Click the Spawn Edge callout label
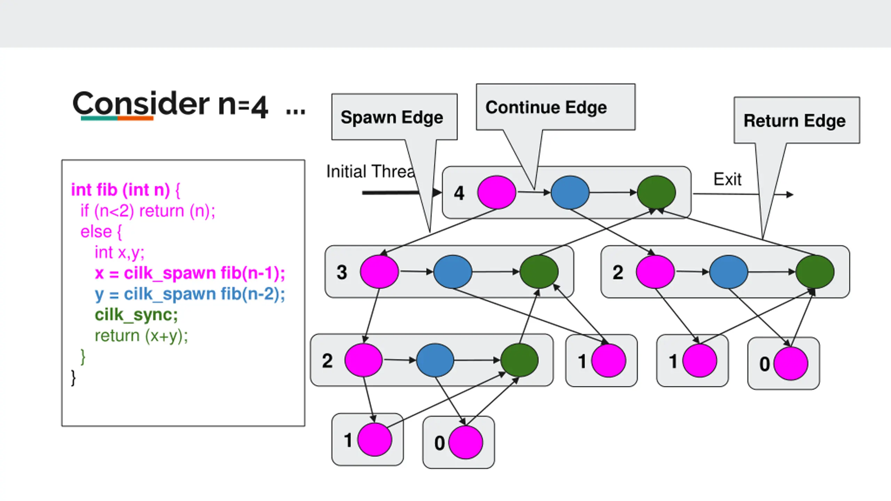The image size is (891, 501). tap(392, 117)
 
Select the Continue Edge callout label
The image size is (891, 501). tap(546, 107)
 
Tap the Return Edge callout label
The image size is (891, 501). tap(795, 121)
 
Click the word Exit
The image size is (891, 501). tap(727, 179)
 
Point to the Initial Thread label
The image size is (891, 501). tap(370, 172)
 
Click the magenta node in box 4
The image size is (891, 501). tap(497, 192)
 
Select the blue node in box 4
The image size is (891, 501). tap(570, 192)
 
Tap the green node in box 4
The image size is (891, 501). tap(656, 192)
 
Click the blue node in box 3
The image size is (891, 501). tap(453, 272)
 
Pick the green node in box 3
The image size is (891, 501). tap(539, 272)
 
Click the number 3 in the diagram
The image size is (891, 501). tap(342, 272)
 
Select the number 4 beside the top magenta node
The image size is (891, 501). tap(459, 193)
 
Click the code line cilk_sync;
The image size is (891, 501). tap(136, 315)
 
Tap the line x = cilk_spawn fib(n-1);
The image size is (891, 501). tap(190, 273)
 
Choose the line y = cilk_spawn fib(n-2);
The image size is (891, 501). tap(190, 294)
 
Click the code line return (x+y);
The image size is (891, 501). tap(141, 336)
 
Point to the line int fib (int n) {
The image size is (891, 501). tap(126, 190)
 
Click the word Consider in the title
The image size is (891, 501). tap(141, 103)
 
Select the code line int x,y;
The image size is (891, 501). tap(119, 252)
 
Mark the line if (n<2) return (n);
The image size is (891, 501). tap(148, 211)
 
